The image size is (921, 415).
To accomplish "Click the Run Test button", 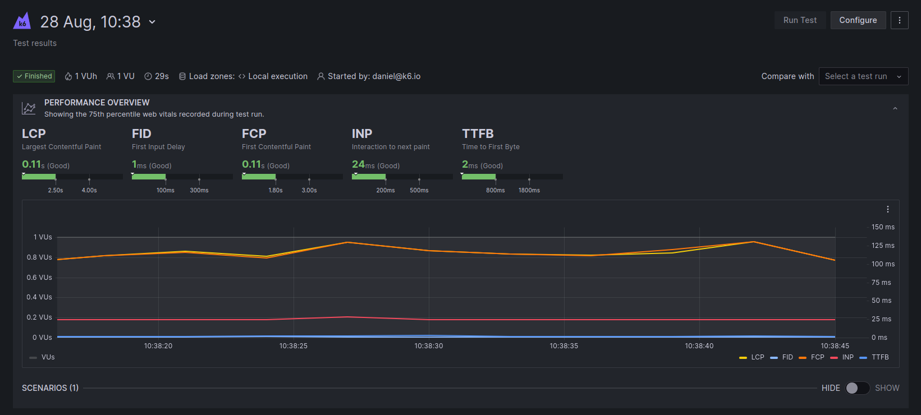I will [800, 20].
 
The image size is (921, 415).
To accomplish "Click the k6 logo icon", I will [22, 21].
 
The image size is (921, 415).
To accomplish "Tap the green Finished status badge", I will [34, 76].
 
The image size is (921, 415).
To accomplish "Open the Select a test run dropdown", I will [863, 76].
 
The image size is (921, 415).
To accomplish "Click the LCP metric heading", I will [34, 133].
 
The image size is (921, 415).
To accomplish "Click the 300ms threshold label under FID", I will [199, 190].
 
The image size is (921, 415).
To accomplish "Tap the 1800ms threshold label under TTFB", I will [529, 190].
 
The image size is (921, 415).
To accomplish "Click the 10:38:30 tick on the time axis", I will [429, 346].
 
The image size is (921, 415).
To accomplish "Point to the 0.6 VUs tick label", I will [39, 278].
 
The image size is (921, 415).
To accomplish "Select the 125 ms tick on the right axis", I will [883, 246].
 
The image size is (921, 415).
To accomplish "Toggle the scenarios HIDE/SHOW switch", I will [858, 388].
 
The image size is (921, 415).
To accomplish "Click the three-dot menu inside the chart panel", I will [887, 209].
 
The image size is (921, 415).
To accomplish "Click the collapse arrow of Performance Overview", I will [895, 108].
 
